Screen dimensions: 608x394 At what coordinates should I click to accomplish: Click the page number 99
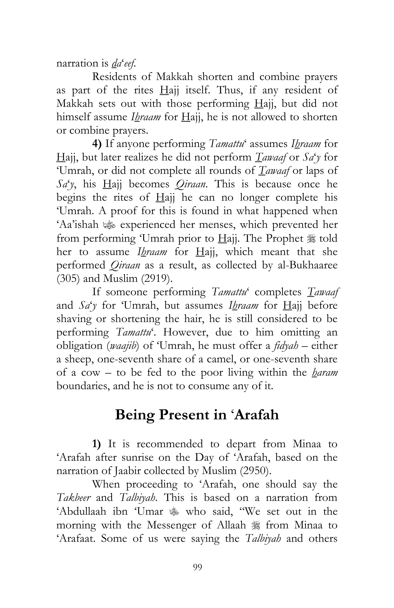pyautogui.click(x=197, y=567)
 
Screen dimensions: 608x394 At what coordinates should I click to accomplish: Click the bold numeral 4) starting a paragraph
pyautogui.click(x=97, y=144)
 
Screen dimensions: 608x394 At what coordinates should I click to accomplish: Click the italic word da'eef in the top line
pyautogui.click(x=124, y=63)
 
